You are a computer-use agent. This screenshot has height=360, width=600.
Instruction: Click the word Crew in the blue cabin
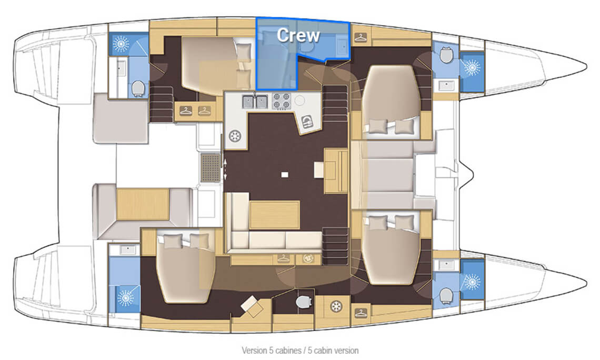[x=298, y=35]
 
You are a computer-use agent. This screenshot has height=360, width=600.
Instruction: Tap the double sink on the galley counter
[x=255, y=102]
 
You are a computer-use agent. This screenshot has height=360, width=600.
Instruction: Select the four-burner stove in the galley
[x=281, y=102]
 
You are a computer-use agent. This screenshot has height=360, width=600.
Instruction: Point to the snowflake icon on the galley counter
[x=235, y=136]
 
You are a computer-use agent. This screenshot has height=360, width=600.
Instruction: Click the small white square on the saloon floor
[x=285, y=174]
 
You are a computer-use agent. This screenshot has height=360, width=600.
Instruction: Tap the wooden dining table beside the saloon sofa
[x=274, y=215]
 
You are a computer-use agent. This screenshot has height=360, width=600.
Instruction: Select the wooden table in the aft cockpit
[x=143, y=204]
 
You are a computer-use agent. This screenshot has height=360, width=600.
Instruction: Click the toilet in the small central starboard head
[x=304, y=302]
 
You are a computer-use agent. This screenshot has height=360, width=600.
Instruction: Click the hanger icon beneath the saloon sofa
[x=283, y=259]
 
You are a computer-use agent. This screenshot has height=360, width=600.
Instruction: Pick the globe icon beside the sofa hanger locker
[x=307, y=259]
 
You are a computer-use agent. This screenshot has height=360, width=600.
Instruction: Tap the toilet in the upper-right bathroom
[x=445, y=55]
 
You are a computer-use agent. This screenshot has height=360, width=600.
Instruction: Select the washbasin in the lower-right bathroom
[x=446, y=264]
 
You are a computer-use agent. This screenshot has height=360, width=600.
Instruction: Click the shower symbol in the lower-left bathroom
[x=125, y=297]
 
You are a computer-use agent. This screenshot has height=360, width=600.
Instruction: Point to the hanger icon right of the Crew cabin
[x=361, y=37]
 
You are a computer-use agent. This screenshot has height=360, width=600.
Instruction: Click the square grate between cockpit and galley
[x=211, y=167]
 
